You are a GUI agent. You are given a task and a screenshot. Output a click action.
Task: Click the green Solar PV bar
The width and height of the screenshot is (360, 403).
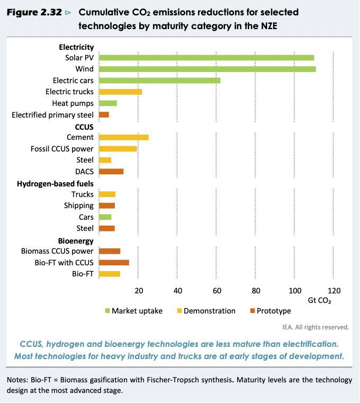pyautogui.click(x=206, y=57)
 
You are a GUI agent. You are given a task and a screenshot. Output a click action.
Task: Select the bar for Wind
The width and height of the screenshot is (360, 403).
pyautogui.click(x=207, y=69)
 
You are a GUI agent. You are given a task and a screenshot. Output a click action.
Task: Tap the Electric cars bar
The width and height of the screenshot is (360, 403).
pyautogui.click(x=159, y=80)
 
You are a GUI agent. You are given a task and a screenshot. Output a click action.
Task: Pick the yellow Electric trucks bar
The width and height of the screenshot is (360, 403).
pyautogui.click(x=120, y=92)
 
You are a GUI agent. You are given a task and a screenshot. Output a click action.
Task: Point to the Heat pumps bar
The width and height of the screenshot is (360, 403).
pyautogui.click(x=108, y=103)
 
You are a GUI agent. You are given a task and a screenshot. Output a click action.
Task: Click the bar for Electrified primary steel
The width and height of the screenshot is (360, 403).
pyautogui.click(x=104, y=114)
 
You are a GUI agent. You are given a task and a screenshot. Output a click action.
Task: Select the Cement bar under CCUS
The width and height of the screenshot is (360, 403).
pyautogui.click(x=124, y=137)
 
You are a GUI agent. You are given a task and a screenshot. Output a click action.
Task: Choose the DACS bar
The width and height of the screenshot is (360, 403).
pyautogui.click(x=111, y=171)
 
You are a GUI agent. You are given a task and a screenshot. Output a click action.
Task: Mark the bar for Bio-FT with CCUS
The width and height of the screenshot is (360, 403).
pyautogui.click(x=114, y=262)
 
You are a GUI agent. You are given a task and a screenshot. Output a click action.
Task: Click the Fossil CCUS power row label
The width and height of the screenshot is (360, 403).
pyautogui.click(x=62, y=149)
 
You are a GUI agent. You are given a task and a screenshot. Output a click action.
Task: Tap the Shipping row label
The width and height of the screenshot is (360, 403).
pyautogui.click(x=79, y=205)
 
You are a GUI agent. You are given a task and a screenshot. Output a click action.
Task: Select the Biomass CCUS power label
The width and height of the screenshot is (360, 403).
pyautogui.click(x=57, y=251)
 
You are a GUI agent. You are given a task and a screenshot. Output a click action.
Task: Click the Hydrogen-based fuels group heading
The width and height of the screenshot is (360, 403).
pyautogui.click(x=55, y=183)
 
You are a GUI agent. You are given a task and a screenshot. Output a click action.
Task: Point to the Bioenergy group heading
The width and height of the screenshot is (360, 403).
pyautogui.click(x=76, y=240)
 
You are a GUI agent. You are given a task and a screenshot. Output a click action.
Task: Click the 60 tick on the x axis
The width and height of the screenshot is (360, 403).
pyautogui.click(x=217, y=290)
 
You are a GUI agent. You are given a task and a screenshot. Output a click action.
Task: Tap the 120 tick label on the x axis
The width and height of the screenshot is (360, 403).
pyautogui.click(x=334, y=290)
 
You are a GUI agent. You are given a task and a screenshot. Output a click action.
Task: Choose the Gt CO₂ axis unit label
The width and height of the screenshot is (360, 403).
pyautogui.click(x=320, y=300)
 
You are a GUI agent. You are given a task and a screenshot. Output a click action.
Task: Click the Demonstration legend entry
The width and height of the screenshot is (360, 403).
pyautogui.click(x=209, y=311)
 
